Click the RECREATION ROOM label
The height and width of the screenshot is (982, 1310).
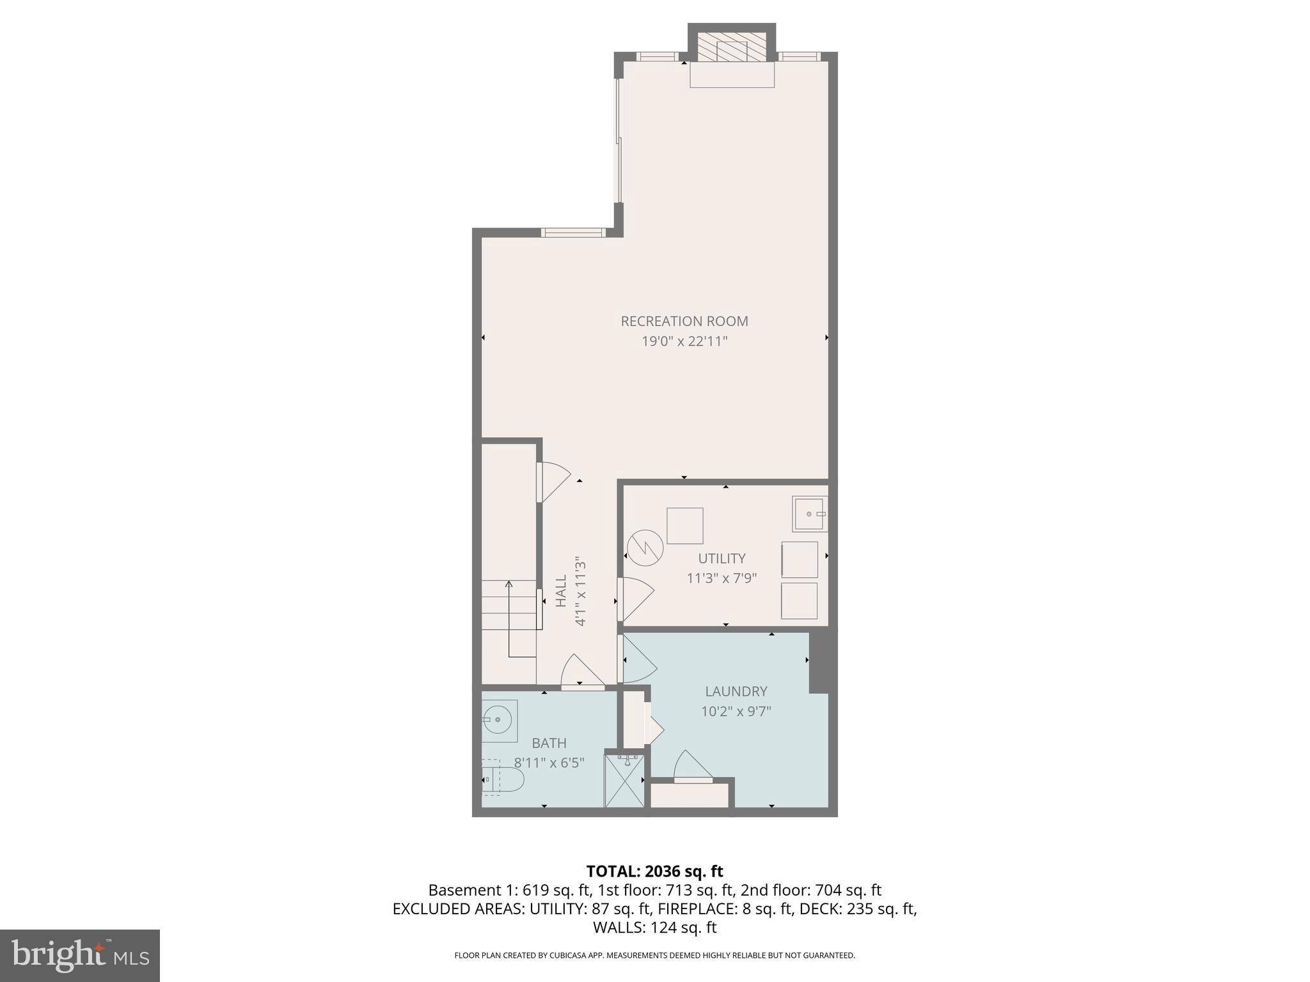click(684, 321)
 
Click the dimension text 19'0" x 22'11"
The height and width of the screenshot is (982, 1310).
click(684, 341)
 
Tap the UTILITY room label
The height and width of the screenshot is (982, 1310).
click(722, 558)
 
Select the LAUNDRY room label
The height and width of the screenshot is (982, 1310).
click(736, 691)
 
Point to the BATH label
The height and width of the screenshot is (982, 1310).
click(549, 743)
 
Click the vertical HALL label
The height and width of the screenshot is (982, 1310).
click(561, 591)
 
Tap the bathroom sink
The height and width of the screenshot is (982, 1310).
click(499, 720)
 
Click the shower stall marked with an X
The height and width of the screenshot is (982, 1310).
click(625, 781)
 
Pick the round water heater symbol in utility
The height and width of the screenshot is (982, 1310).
click(645, 548)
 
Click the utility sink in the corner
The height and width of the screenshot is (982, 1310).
click(810, 513)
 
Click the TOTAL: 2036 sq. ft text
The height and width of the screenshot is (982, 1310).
click(654, 871)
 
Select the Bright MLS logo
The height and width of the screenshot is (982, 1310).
click(80, 955)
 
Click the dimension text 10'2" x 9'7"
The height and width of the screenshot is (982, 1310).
click(736, 712)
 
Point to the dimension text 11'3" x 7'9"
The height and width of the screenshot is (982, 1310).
click(722, 579)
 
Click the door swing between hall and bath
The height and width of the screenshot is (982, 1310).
click(581, 673)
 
